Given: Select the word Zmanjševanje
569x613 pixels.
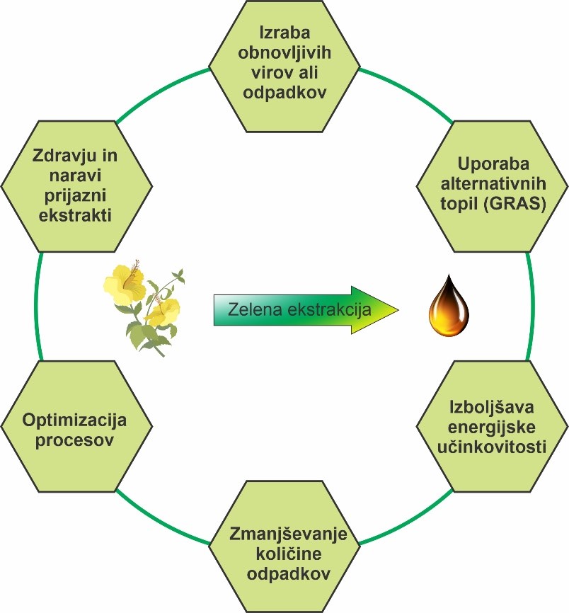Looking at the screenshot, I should coord(287,534).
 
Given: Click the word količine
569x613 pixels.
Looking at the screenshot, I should coord(287,553).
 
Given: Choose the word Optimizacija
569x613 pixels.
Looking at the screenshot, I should coord(75,420).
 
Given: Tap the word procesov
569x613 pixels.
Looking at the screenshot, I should coord(75,440).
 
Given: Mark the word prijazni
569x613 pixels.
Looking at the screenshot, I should coord(75,195).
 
